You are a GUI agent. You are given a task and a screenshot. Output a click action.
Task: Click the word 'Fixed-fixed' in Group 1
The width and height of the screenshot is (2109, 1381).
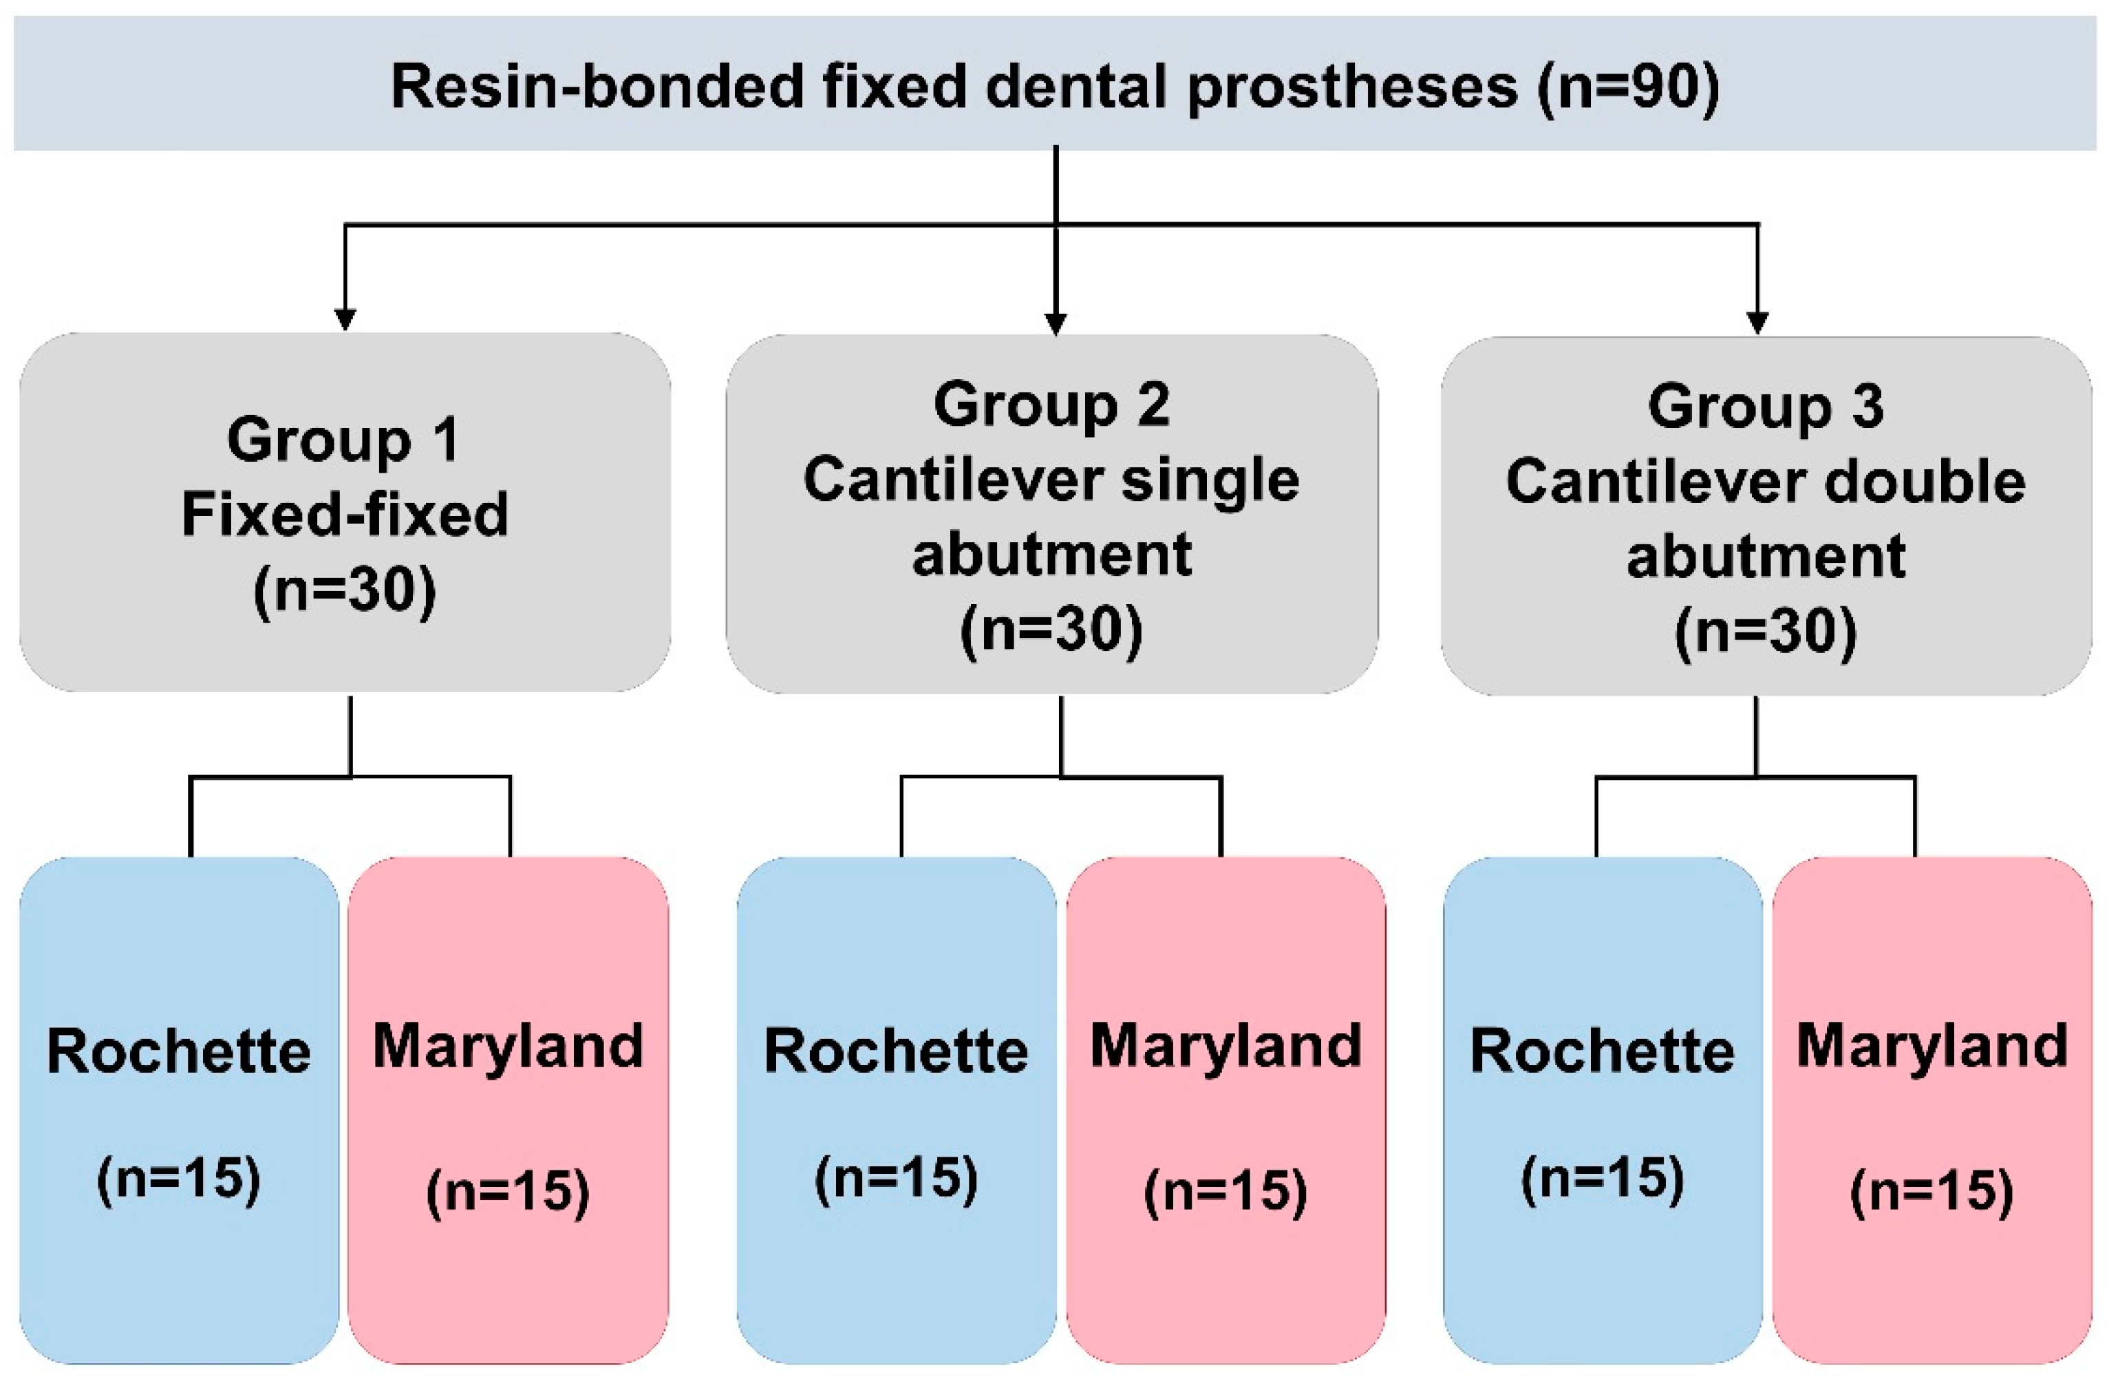tap(345, 514)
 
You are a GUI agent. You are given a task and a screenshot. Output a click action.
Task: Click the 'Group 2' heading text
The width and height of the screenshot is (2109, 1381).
tap(1052, 405)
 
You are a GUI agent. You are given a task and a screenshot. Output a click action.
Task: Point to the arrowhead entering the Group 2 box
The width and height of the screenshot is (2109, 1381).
tap(1056, 324)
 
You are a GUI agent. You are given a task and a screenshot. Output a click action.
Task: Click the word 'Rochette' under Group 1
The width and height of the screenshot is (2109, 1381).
tap(179, 1051)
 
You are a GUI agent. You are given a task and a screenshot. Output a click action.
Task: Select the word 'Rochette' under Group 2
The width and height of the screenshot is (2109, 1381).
tap(896, 1051)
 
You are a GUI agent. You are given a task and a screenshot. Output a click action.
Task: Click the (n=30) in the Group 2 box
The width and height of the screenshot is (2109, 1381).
tap(1052, 630)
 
